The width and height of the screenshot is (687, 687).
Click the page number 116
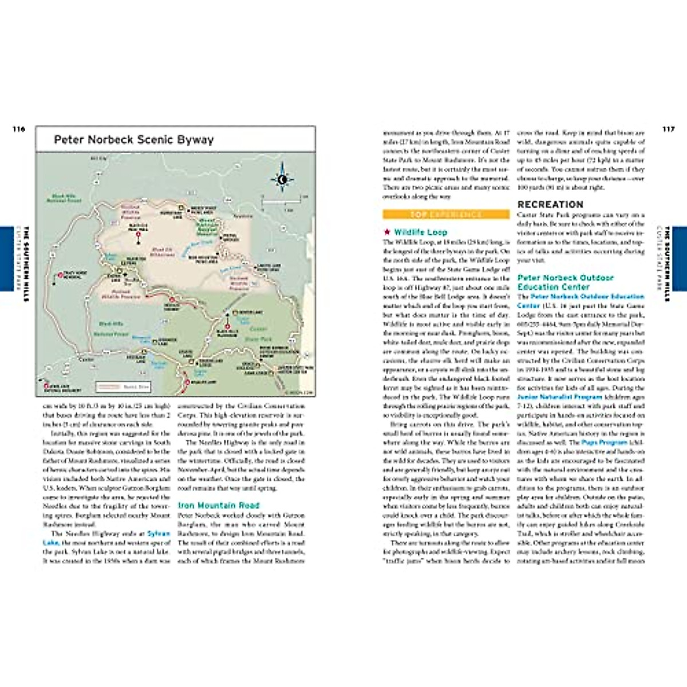click(19, 129)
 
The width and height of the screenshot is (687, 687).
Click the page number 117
click(668, 129)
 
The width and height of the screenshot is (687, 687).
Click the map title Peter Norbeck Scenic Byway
click(133, 140)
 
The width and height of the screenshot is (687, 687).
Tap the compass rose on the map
click(282, 179)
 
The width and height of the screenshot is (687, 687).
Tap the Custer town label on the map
click(86, 359)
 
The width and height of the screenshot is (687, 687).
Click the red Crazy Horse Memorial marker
click(60, 277)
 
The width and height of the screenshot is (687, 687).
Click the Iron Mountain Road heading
click(218, 506)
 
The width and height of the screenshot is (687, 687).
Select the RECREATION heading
click(550, 204)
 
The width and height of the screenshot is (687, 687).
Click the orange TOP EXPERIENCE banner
click(446, 215)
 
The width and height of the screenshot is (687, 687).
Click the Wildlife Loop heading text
click(420, 232)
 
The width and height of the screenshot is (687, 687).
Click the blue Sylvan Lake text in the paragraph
click(159, 534)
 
